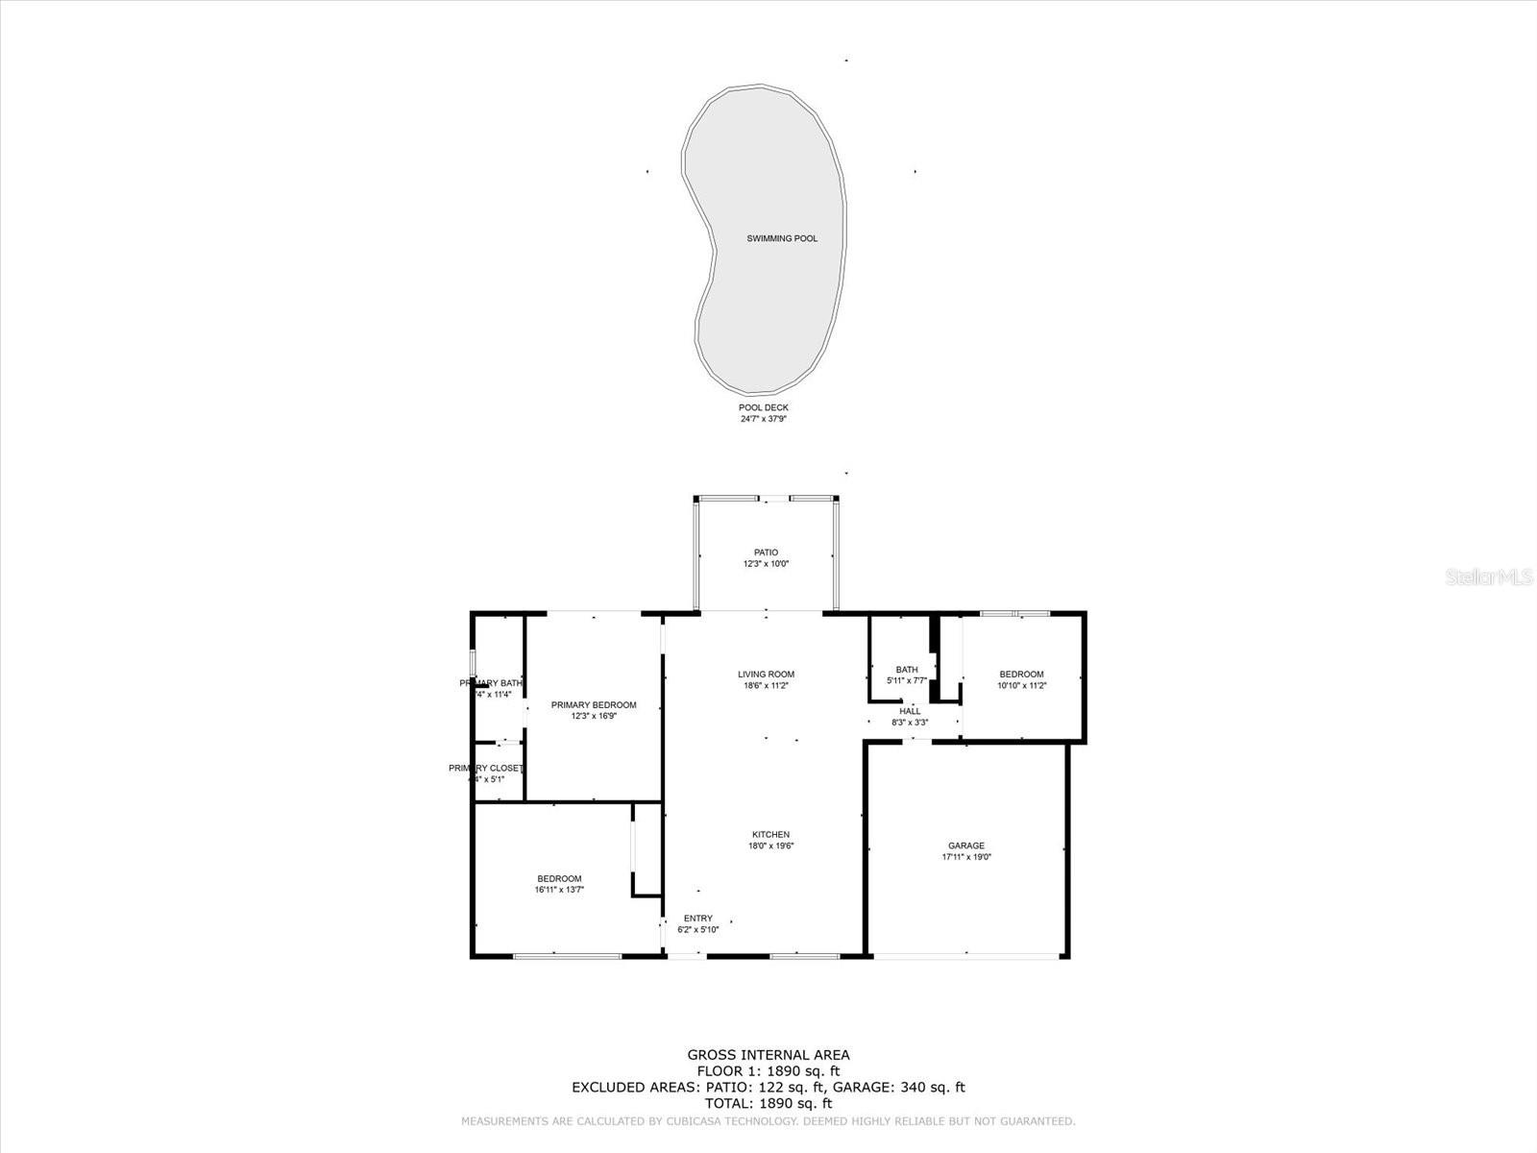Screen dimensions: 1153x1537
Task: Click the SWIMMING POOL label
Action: point(782,238)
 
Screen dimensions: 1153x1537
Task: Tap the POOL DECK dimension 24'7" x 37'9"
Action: point(763,419)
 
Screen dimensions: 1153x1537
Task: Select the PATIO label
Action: point(766,552)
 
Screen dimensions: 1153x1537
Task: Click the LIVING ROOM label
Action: point(766,675)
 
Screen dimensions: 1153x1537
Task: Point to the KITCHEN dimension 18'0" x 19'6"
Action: point(770,846)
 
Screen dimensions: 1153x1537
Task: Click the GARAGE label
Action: point(965,846)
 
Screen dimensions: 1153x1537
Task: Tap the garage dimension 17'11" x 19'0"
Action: point(965,857)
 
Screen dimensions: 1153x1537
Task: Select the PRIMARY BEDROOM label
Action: point(594,705)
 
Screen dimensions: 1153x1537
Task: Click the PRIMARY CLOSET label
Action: point(485,768)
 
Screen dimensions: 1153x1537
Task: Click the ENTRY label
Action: point(697,919)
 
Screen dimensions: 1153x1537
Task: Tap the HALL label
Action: point(910,711)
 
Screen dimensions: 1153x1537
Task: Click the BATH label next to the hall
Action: point(906,670)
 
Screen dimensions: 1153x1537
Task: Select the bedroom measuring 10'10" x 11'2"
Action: point(1021,675)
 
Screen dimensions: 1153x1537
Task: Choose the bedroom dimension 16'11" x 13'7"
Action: point(559,890)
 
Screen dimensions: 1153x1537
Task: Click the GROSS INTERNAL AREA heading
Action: point(768,1055)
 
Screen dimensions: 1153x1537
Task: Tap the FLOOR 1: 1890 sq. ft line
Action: point(768,1071)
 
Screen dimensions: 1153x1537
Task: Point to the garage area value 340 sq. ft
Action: point(932,1088)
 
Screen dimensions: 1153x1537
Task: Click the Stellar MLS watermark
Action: point(1489,577)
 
